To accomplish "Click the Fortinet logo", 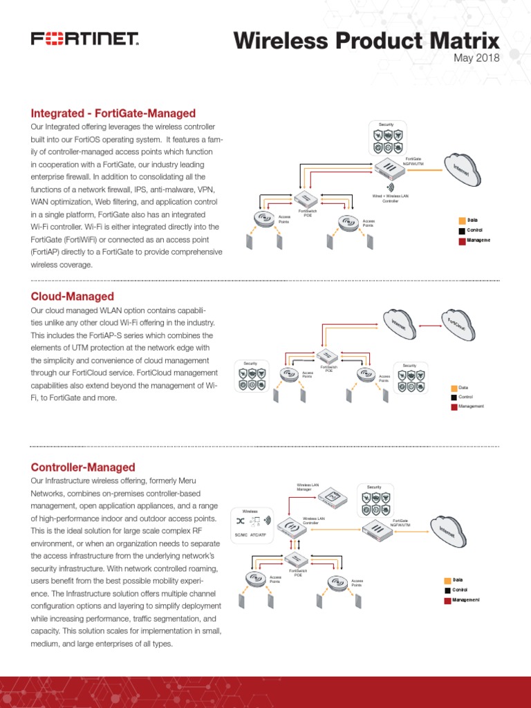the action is (85, 39).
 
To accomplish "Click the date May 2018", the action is (476, 58).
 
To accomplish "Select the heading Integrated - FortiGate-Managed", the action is (113, 113).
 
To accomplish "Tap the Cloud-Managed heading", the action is (73, 297).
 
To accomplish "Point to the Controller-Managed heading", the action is (83, 467).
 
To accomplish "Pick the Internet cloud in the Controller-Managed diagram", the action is (449, 531).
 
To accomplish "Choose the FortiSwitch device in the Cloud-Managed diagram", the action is (328, 357).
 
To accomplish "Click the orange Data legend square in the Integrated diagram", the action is (461, 220).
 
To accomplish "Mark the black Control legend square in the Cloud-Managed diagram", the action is (454, 397).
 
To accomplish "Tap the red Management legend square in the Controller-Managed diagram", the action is (447, 600).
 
